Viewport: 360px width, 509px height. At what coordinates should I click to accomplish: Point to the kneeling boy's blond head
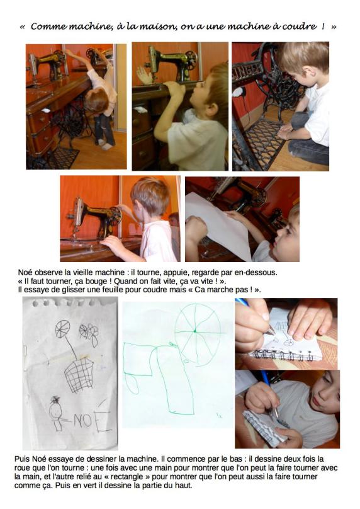[304, 59]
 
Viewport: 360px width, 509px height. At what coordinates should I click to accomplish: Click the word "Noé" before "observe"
[26, 273]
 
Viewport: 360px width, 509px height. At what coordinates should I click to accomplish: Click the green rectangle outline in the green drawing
[138, 359]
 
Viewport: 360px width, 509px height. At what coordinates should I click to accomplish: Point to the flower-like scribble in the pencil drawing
[89, 332]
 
